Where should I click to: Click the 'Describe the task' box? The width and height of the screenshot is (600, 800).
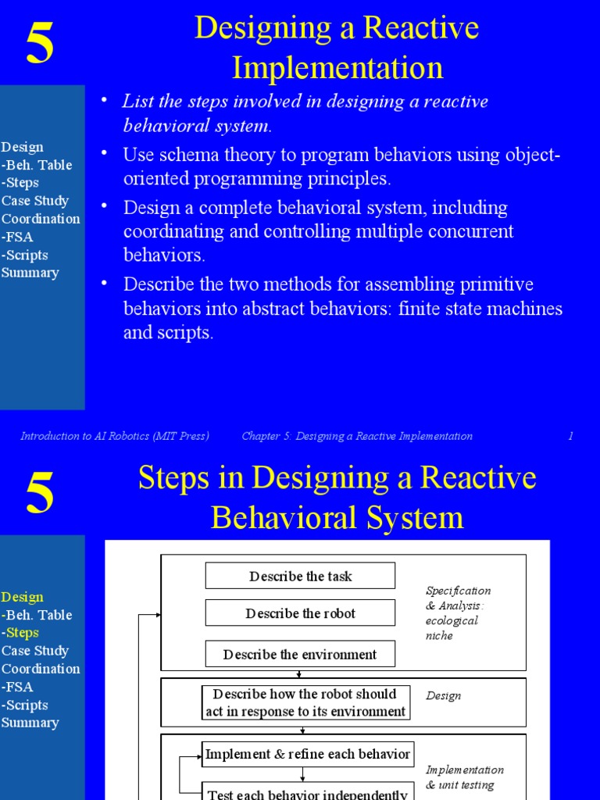[300, 576]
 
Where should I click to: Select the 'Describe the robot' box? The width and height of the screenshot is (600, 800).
[300, 613]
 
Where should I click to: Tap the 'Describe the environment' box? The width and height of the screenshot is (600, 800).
[300, 654]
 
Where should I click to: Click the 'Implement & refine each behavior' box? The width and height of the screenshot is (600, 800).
[307, 754]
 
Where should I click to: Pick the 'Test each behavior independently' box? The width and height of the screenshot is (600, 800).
[307, 792]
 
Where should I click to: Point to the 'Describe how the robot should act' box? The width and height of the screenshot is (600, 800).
[305, 702]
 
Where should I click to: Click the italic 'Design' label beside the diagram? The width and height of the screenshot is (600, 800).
[443, 695]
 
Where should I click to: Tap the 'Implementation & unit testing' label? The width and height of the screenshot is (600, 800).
[465, 777]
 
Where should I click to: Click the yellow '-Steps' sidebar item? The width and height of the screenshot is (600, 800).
[20, 633]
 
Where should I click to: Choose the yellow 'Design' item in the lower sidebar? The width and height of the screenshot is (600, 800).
[22, 597]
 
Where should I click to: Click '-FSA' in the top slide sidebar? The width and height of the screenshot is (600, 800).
[17, 237]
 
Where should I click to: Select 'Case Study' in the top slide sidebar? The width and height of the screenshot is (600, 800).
[35, 201]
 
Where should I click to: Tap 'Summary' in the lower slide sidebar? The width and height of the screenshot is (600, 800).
[30, 723]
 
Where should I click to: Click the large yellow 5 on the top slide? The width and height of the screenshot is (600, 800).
[40, 44]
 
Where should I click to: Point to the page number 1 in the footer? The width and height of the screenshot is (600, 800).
[571, 436]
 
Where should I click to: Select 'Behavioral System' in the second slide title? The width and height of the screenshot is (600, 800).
[337, 517]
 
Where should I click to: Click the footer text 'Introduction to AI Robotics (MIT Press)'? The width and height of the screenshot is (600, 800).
[115, 436]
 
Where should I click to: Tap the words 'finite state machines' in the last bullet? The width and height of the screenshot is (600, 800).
[480, 308]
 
